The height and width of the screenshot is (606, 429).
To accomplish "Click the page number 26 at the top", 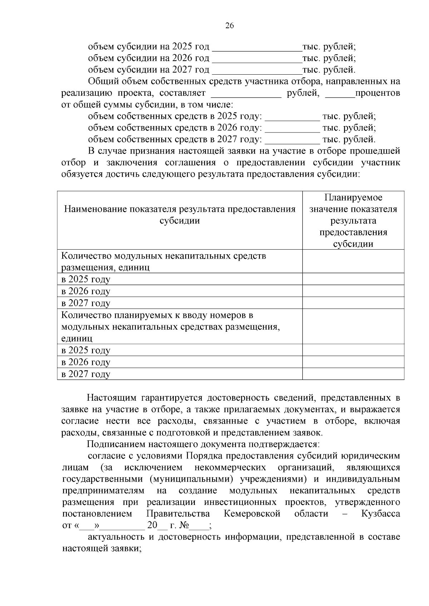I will click(x=230, y=25).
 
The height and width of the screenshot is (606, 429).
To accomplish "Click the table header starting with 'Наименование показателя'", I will click(x=179, y=215).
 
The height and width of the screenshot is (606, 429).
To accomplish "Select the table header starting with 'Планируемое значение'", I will click(x=353, y=220).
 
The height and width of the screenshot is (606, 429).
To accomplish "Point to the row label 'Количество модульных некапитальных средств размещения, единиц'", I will click(x=163, y=261).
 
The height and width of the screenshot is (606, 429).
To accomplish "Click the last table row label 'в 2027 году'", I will click(x=86, y=374).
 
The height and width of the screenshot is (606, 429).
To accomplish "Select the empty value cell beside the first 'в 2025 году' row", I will click(x=353, y=279).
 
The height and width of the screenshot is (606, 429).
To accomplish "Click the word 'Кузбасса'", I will click(x=380, y=514).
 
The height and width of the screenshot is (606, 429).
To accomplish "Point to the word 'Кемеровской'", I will click(x=252, y=514).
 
